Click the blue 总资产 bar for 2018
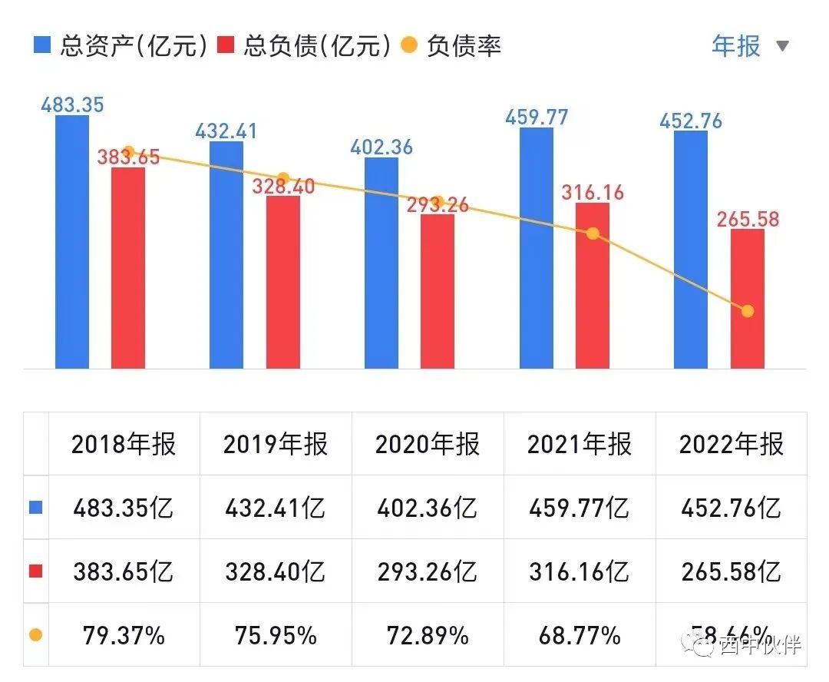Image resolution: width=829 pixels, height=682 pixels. pyautogui.click(x=72, y=242)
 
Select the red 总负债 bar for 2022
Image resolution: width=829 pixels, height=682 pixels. pyautogui.click(x=747, y=299)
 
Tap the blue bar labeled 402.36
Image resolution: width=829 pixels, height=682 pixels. pyautogui.click(x=381, y=263)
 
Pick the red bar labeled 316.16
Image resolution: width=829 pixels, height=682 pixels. pyautogui.click(x=592, y=286)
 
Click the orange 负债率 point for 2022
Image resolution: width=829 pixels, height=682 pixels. pyautogui.click(x=748, y=311)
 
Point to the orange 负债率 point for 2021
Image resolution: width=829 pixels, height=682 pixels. pyautogui.click(x=593, y=233)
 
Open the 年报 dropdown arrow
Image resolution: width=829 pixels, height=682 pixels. pyautogui.click(x=782, y=46)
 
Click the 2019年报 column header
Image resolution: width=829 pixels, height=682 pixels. pyautogui.click(x=276, y=444)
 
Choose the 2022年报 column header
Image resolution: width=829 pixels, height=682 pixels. pyautogui.click(x=732, y=444)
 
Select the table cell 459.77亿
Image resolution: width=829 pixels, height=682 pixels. pyautogui.click(x=580, y=508)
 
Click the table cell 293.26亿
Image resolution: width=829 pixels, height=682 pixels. pyautogui.click(x=428, y=571)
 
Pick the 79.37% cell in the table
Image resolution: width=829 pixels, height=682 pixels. pyautogui.click(x=124, y=635)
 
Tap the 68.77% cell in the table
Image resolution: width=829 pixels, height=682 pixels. pyautogui.click(x=580, y=635)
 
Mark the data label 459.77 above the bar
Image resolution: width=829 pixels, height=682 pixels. pyautogui.click(x=537, y=118)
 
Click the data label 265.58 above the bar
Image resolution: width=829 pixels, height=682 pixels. pyautogui.click(x=748, y=219)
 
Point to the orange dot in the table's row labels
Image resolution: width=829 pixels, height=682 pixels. pyautogui.click(x=35, y=635)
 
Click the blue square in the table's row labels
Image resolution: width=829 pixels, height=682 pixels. pyautogui.click(x=35, y=508)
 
